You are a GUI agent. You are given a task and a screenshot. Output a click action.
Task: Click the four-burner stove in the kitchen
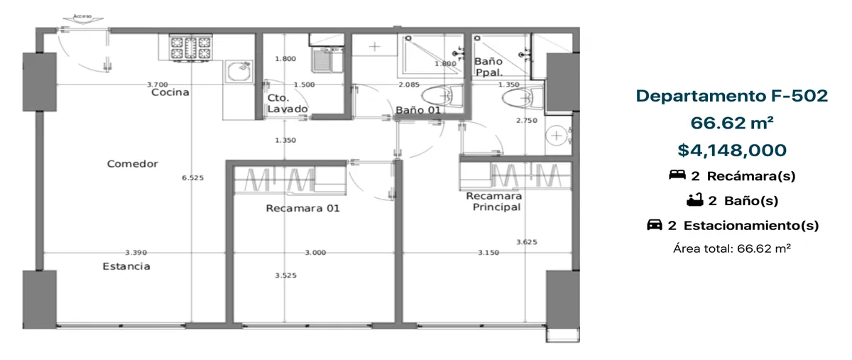point(190,48)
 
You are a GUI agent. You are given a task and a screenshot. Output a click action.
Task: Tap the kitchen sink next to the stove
point(239,71)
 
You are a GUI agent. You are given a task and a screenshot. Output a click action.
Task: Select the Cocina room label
point(170,92)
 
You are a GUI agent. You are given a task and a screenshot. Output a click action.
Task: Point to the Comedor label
point(132,163)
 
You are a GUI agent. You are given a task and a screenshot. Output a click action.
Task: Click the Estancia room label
point(126,266)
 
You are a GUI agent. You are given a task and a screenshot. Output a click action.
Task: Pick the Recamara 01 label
point(302,208)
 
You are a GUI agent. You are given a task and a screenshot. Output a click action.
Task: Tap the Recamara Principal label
point(494,202)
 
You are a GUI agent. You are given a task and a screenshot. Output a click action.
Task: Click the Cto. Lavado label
point(287,103)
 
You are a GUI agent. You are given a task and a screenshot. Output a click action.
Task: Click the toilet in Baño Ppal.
point(521,99)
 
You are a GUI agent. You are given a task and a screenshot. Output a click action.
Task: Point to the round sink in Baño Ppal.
point(557,135)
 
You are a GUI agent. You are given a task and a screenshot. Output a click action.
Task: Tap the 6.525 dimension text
point(193,178)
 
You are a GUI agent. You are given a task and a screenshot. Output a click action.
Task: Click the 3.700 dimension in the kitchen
point(158,84)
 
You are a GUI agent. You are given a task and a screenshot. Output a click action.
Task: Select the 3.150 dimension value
point(488,252)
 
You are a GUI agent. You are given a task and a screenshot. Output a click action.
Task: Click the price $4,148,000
point(732,151)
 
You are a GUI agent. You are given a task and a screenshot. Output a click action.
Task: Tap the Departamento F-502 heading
point(732,96)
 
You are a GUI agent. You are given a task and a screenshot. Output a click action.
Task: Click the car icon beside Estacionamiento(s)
point(655,225)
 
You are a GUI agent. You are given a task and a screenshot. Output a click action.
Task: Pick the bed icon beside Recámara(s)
point(677,175)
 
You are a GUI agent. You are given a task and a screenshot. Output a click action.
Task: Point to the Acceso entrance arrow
point(82,18)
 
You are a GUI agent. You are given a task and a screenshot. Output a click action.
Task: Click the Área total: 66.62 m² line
point(732,249)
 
